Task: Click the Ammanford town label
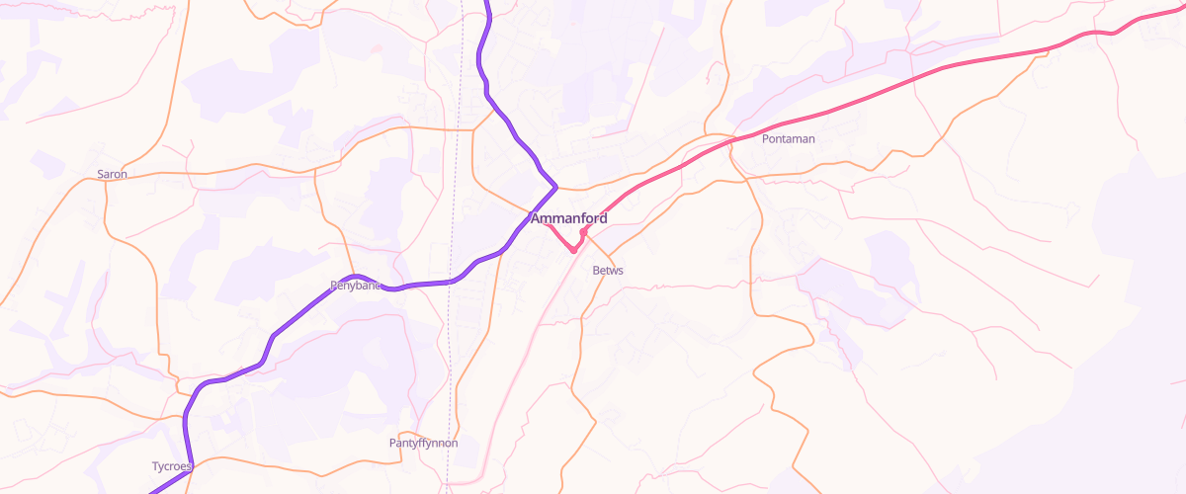(568, 218)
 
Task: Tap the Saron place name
(112, 175)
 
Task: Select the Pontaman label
(788, 139)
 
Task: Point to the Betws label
(608, 271)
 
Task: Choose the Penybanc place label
(355, 287)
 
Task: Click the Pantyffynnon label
(423, 444)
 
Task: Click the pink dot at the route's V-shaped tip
(573, 250)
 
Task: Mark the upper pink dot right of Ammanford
(584, 231)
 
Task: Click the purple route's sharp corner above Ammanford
(556, 186)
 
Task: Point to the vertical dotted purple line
(457, 198)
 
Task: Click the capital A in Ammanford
(536, 218)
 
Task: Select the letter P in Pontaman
(766, 139)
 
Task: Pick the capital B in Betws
(596, 271)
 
